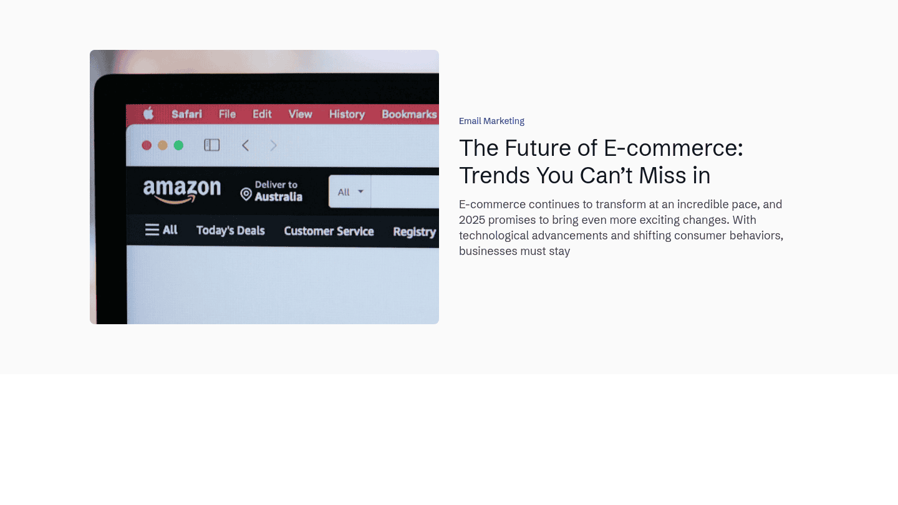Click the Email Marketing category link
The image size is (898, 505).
(x=491, y=121)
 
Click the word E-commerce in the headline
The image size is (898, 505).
(x=673, y=148)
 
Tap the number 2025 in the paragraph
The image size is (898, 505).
(x=472, y=220)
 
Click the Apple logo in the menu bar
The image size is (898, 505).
(x=148, y=113)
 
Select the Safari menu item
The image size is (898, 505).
(x=187, y=114)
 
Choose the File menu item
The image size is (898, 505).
(x=227, y=114)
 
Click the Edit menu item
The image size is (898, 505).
(x=262, y=114)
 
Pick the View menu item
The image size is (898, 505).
(x=301, y=114)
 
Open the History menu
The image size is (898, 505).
(x=347, y=115)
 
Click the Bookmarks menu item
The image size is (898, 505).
(x=409, y=114)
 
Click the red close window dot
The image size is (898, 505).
(x=147, y=145)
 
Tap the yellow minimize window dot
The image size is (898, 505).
(x=162, y=145)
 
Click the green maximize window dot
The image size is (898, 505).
(x=178, y=145)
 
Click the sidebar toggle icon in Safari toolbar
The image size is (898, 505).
(x=211, y=145)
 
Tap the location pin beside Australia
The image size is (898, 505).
(x=246, y=195)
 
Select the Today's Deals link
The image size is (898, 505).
(x=231, y=231)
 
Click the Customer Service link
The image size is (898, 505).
(x=329, y=231)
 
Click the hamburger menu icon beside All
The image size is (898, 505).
(x=152, y=230)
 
